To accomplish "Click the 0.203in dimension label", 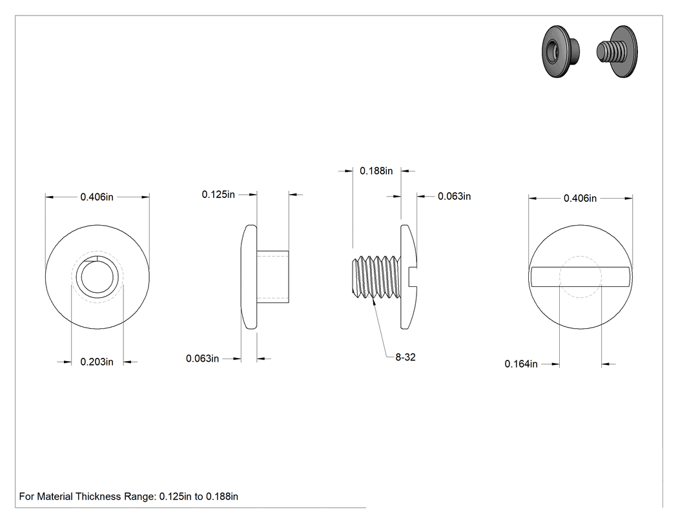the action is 97,362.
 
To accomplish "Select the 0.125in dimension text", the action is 218,194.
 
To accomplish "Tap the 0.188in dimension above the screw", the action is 376,171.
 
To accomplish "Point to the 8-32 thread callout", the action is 405,357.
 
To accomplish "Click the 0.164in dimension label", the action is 521,364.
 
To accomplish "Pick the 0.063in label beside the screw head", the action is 454,196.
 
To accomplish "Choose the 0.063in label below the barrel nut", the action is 202,359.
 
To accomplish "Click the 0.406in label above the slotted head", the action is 580,198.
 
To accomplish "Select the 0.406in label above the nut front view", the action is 97,197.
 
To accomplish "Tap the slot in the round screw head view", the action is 580,277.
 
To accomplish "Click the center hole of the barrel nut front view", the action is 98,277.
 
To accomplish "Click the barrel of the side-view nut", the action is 273,277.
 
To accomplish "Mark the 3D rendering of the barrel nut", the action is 561,52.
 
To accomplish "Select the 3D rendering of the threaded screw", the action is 617,52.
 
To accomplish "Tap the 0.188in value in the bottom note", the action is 222,496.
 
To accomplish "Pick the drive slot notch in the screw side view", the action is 412,277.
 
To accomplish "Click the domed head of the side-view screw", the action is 409,277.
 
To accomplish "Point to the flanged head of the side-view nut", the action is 249,277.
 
